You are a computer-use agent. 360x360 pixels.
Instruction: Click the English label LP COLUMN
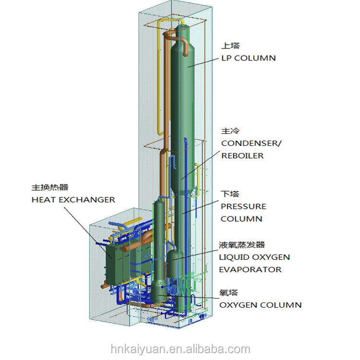tap(248, 58)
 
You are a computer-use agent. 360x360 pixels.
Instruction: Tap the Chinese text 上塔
tap(230, 46)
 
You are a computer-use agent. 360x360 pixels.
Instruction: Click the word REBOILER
tap(242, 156)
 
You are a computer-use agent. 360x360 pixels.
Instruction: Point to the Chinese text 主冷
tap(230, 131)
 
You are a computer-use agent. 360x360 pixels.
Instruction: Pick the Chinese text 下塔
tap(230, 194)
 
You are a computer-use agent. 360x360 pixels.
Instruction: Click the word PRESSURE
tap(243, 206)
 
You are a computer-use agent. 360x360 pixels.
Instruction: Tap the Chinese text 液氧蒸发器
tap(242, 245)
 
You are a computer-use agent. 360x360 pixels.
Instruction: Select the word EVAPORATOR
tap(250, 269)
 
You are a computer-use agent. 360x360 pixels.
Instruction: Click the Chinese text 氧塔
tap(229, 293)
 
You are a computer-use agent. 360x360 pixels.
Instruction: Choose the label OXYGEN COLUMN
tap(261, 305)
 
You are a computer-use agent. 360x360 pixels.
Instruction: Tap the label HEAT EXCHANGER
tap(73, 199)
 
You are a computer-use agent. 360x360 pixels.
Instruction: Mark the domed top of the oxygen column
tap(159, 205)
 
